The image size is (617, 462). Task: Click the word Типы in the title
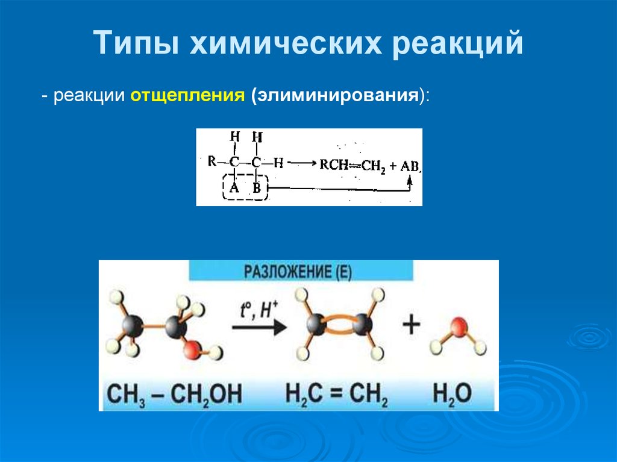coord(136,45)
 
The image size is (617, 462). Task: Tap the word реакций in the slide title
coord(458,45)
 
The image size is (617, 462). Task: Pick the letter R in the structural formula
coord(211,161)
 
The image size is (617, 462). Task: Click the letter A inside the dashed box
coord(234,189)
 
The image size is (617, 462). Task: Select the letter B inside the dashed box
coord(257,189)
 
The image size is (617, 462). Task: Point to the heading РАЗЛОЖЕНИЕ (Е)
coord(298,272)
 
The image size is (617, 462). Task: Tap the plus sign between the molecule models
coord(412,325)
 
